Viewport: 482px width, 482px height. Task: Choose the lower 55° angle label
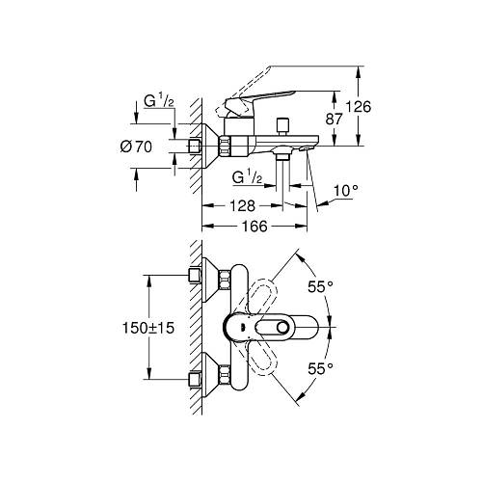coord(321,367)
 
